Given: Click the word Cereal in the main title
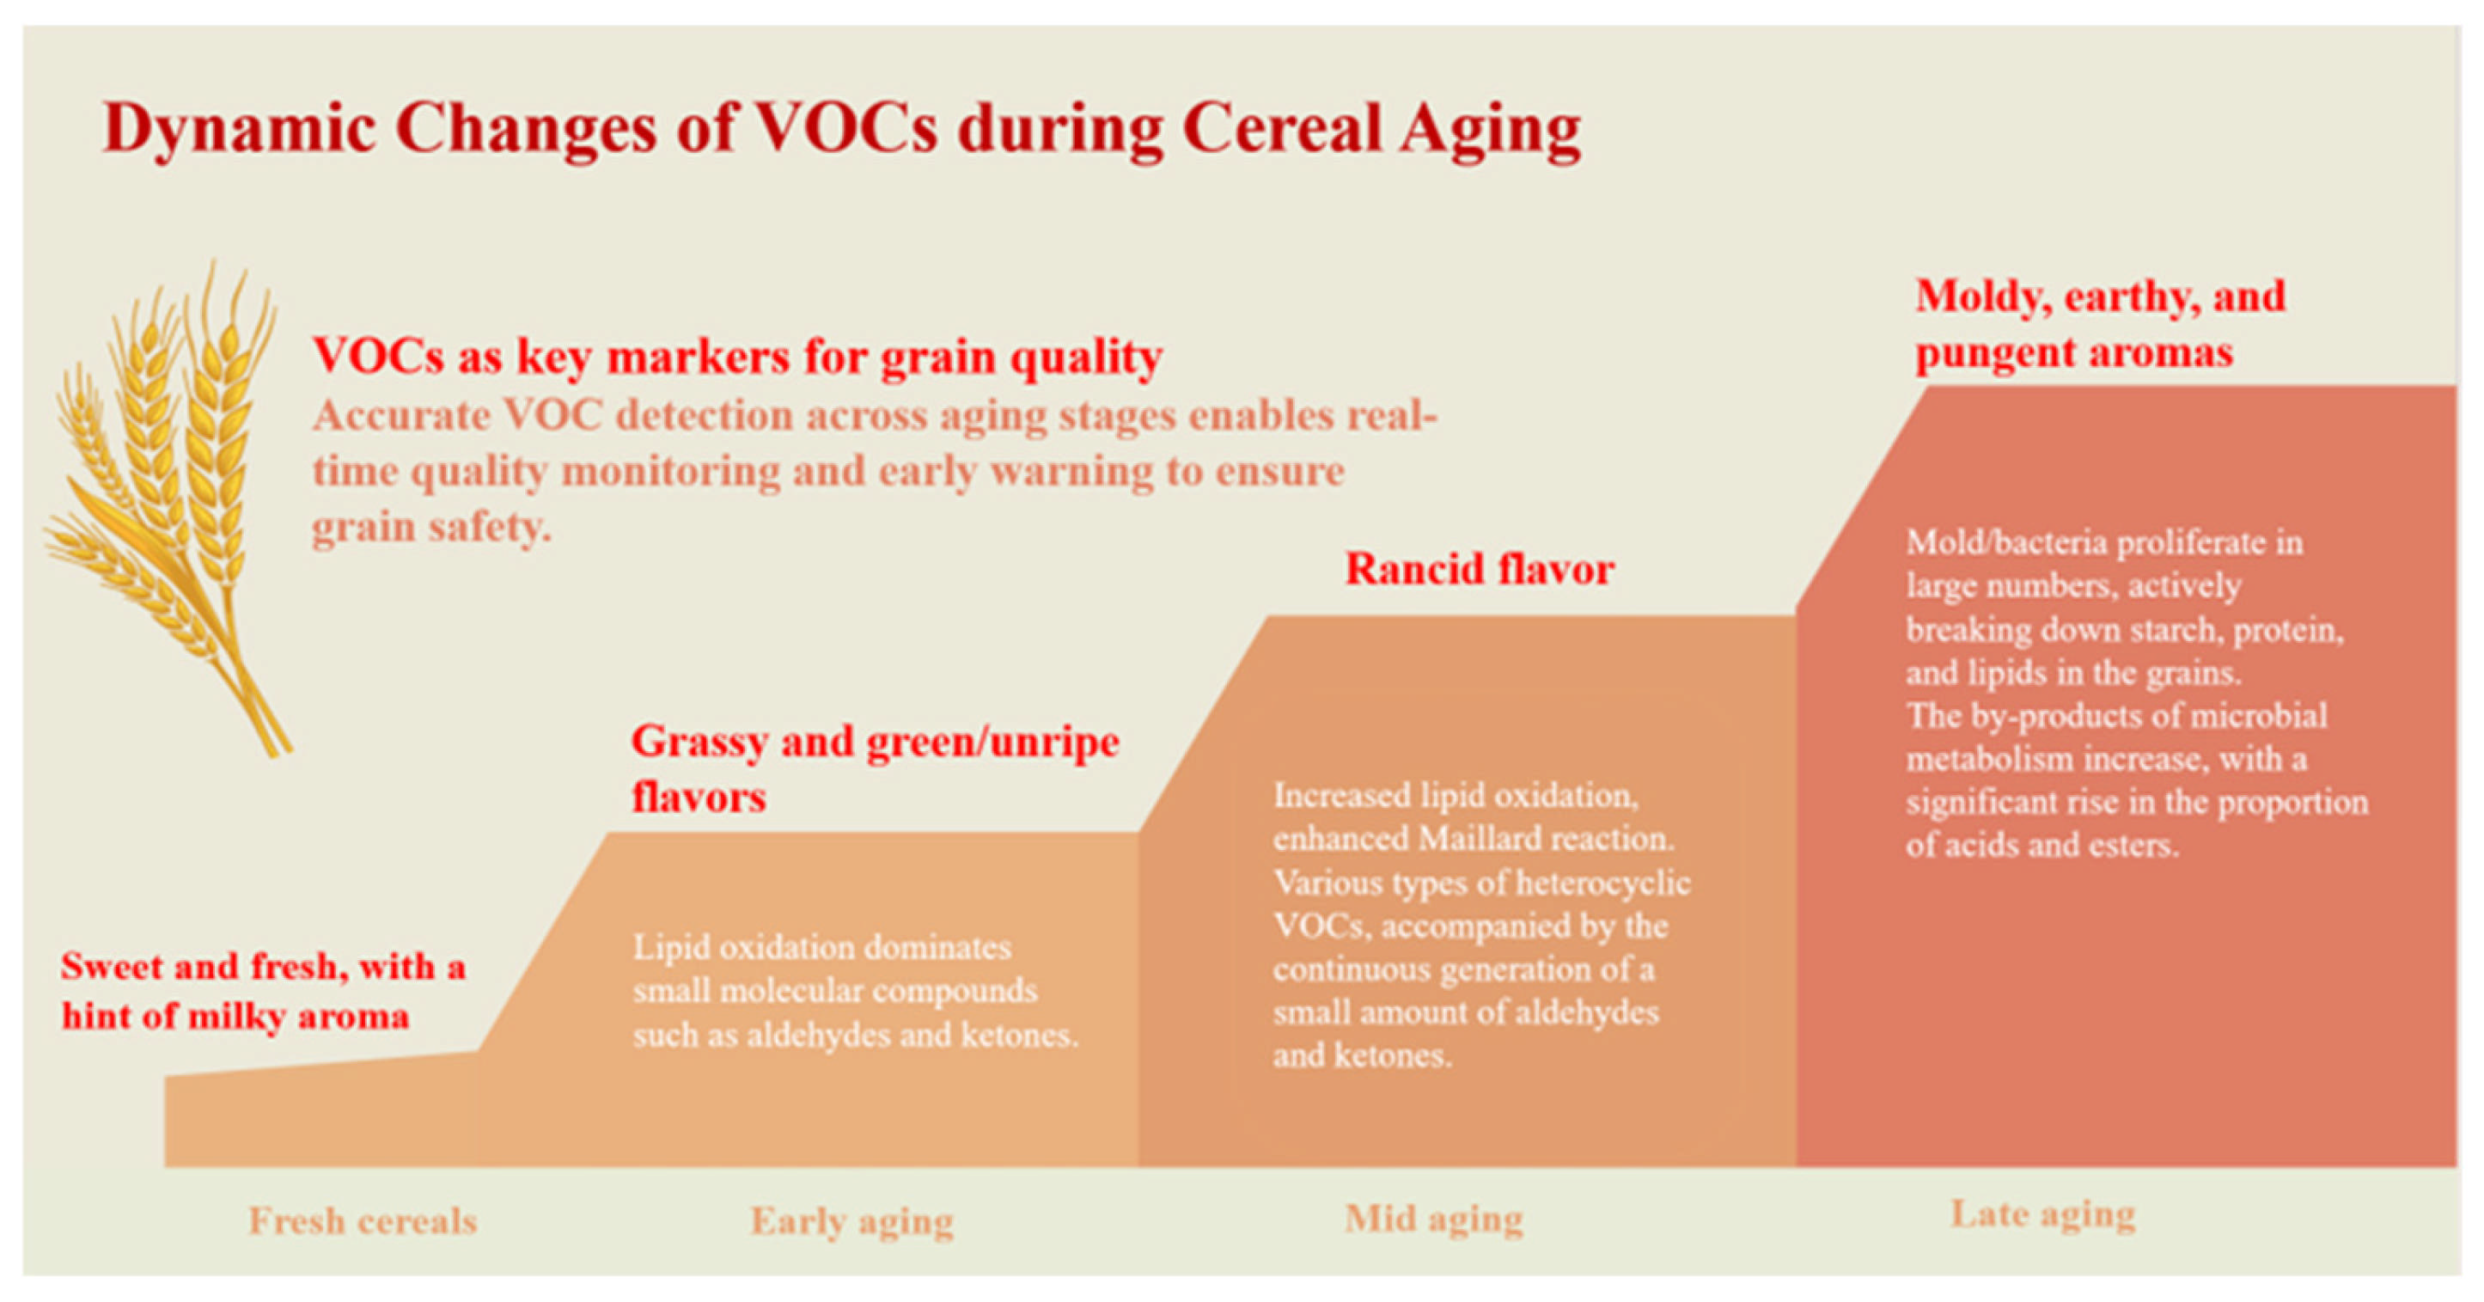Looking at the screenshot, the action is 1282,127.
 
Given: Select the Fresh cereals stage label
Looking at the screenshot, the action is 363,1220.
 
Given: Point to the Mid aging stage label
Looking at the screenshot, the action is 1434,1219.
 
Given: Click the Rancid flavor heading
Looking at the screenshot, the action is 1480,569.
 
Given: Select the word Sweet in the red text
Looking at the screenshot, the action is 111,965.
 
